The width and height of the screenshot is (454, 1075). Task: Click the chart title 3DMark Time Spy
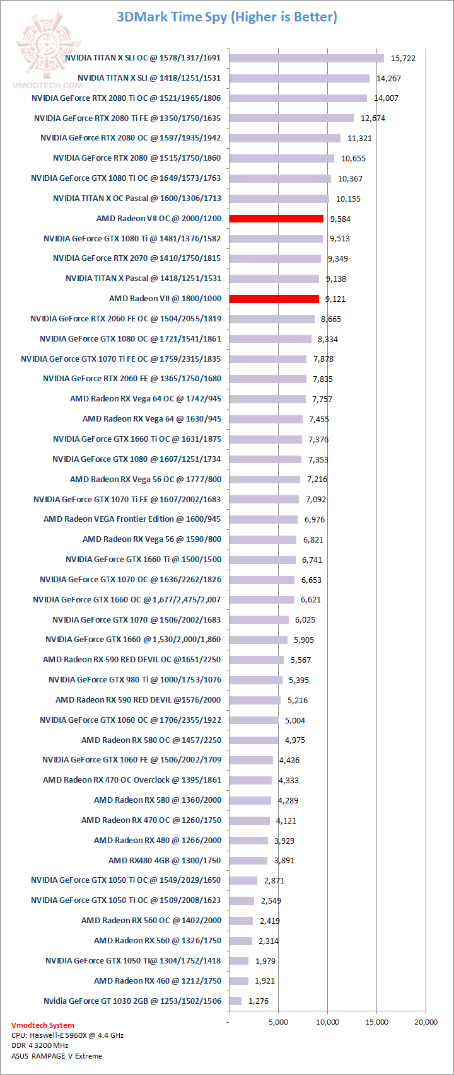point(227,17)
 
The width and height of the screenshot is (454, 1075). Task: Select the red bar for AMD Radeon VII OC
point(276,219)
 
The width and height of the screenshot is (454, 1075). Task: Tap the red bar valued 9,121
point(274,299)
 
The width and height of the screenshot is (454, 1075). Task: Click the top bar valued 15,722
point(306,58)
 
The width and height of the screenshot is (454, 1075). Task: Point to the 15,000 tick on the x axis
point(376,1022)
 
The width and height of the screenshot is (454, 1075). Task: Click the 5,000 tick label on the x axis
point(278,1022)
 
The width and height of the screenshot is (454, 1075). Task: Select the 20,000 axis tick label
point(426,1022)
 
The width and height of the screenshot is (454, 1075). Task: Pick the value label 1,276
point(259,1001)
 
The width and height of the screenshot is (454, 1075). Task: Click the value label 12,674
point(373,118)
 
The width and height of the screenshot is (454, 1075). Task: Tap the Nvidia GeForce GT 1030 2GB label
point(132,1001)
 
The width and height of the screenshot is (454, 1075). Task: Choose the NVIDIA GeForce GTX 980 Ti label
point(135,679)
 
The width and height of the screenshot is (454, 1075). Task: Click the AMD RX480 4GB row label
point(165,860)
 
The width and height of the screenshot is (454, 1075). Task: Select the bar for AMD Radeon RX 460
point(238,981)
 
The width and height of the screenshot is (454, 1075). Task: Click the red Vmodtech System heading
point(42,1025)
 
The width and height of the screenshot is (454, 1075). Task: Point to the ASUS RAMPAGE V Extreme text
point(57,1056)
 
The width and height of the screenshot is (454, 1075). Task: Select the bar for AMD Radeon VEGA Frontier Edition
point(263,519)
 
